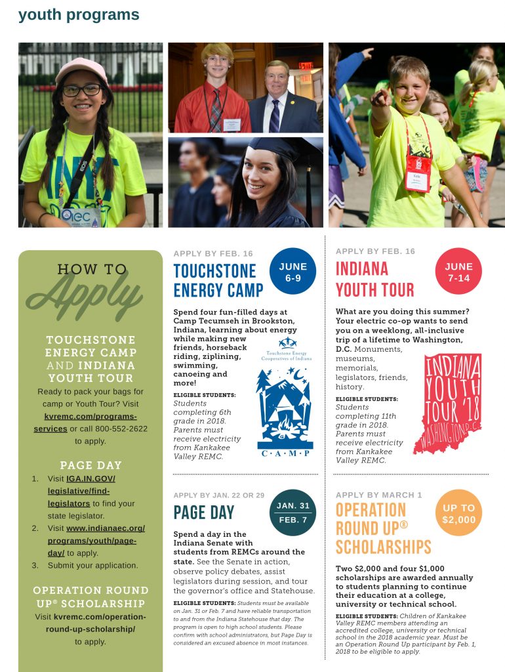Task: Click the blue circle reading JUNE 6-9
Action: (293, 272)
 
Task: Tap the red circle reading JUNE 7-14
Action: (458, 272)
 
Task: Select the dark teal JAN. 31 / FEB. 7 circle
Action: (293, 513)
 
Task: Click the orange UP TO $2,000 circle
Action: (458, 513)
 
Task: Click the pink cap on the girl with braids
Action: (81, 69)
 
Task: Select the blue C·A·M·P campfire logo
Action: (284, 411)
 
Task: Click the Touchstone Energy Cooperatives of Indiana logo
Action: (287, 350)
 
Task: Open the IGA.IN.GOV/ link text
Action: (91, 479)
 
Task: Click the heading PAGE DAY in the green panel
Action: (91, 465)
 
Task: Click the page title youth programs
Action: (79, 14)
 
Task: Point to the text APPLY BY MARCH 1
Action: (378, 494)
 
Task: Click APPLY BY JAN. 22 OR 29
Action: (219, 495)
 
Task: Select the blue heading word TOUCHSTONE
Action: (214, 271)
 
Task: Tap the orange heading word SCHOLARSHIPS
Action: (383, 547)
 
